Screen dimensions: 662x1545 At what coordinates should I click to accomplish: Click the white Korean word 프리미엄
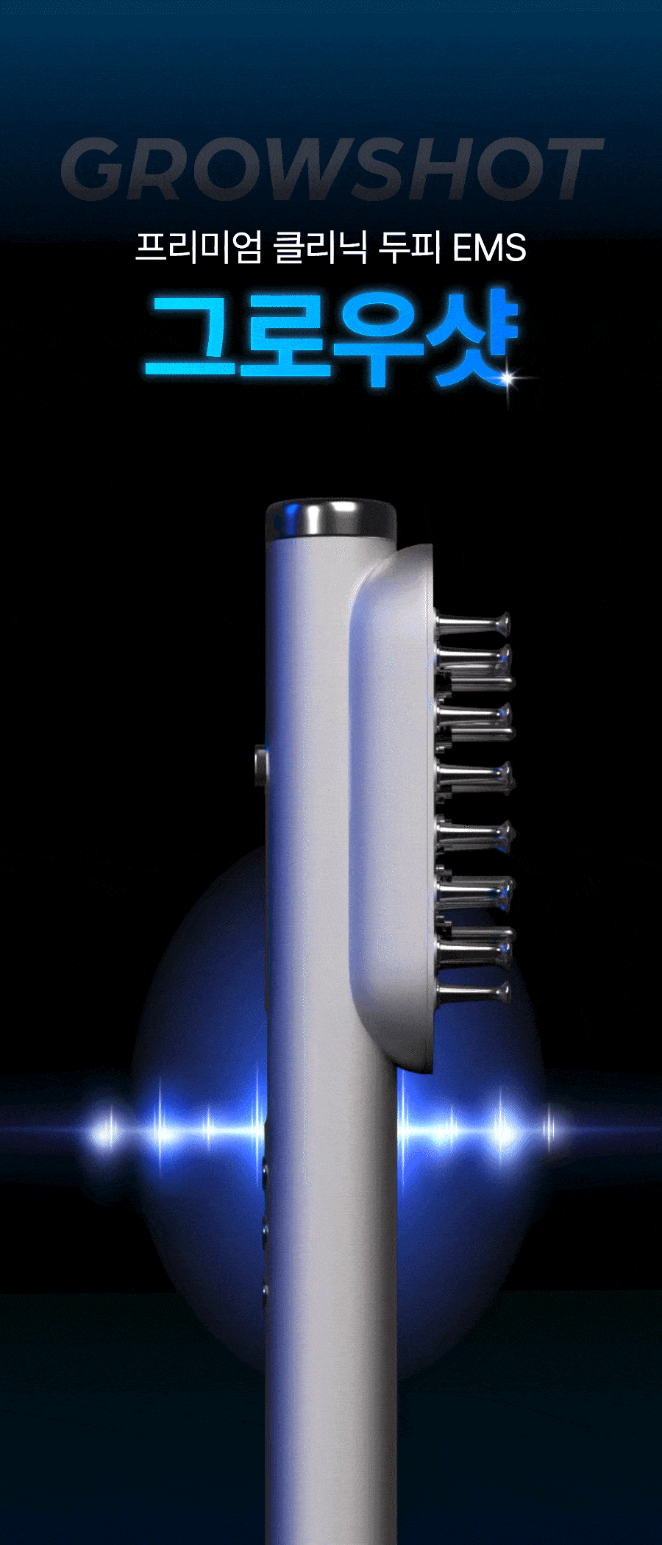(199, 247)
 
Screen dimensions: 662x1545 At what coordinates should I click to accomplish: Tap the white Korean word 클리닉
(320, 247)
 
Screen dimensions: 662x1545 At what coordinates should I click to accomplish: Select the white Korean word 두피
(410, 247)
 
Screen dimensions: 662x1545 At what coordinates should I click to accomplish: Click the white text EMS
(489, 248)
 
